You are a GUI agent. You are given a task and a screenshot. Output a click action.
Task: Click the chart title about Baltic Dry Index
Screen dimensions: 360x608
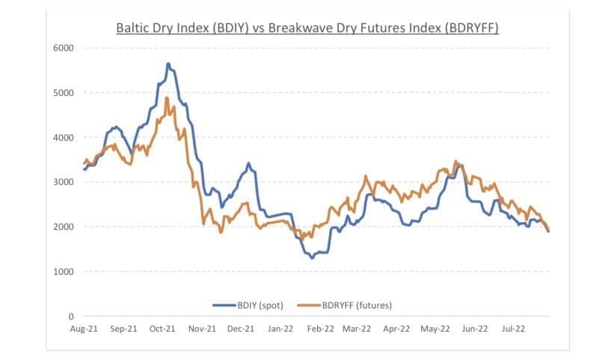coord(307,28)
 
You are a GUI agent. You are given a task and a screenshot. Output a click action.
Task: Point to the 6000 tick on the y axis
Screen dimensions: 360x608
coord(64,48)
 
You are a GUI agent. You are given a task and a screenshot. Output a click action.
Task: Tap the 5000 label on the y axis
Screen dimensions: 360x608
coord(64,93)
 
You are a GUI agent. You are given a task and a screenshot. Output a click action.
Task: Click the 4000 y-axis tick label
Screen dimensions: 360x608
coord(64,138)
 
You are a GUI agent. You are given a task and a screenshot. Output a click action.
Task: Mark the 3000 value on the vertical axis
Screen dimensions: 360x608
coord(64,182)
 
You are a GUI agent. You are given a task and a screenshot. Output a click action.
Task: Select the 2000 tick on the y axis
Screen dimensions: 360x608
coord(64,227)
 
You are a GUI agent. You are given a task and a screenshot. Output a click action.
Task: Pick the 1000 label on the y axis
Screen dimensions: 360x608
coord(64,272)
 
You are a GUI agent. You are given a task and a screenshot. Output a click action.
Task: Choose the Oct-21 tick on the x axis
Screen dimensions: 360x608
coord(162,328)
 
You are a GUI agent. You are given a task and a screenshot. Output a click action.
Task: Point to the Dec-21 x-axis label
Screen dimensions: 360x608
coord(241,328)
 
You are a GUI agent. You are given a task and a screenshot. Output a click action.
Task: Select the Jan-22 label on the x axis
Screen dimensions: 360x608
coord(280,328)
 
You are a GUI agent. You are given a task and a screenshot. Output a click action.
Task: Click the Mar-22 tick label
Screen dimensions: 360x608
coord(357,328)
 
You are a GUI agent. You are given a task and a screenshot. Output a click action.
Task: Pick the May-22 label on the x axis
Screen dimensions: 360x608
coord(435,328)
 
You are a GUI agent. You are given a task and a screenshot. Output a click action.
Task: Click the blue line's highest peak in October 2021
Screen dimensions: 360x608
coord(168,64)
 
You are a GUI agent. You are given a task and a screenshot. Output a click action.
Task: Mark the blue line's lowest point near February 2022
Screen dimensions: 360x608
coord(312,257)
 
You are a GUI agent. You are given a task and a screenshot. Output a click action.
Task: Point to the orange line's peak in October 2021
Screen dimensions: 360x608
coord(168,98)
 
